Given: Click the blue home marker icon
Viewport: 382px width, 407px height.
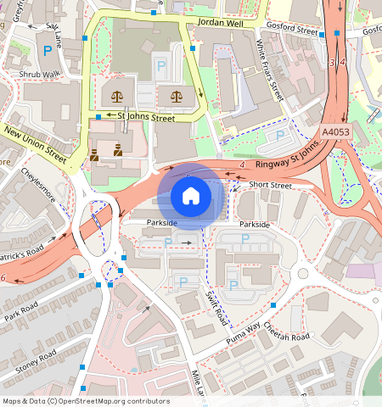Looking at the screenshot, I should (x=191, y=197).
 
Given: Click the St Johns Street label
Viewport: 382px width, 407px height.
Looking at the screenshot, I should (x=146, y=118).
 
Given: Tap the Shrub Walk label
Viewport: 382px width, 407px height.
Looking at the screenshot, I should (x=40, y=74).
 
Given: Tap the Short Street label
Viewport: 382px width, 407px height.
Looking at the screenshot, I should (x=270, y=185).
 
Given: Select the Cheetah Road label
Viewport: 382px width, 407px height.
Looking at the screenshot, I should (x=287, y=331).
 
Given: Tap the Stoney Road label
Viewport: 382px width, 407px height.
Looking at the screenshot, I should (x=35, y=359).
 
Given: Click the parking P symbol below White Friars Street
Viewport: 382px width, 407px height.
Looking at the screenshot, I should (x=279, y=134).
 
